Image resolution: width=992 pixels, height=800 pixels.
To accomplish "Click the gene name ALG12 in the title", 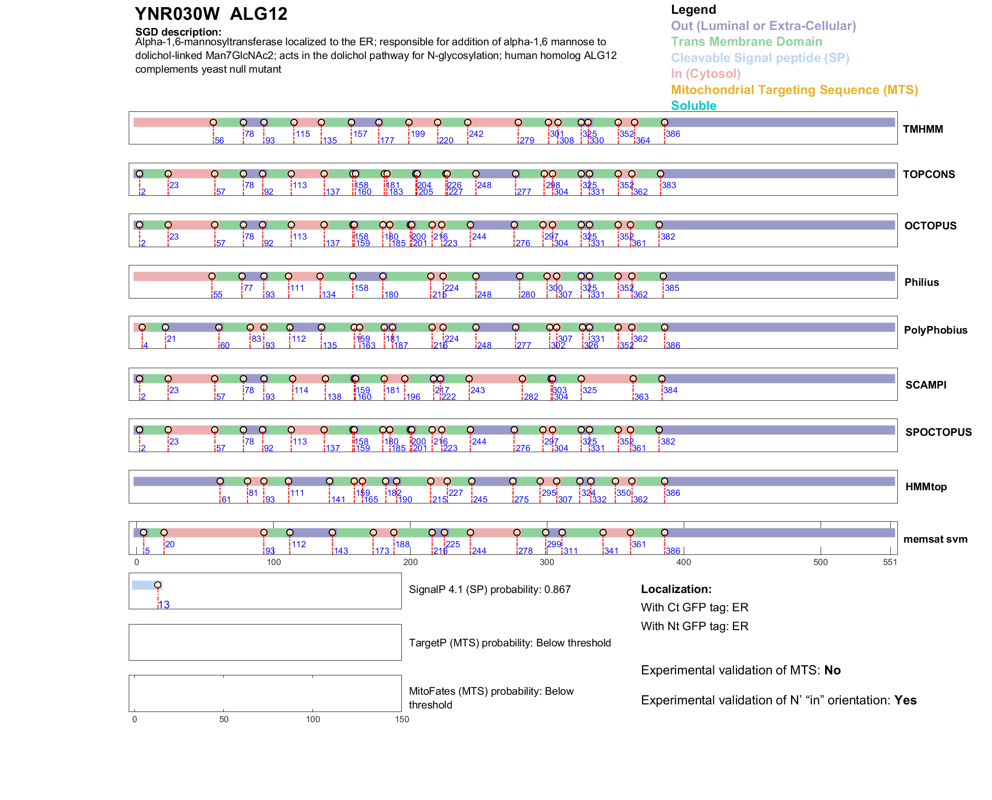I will pyautogui.click(x=258, y=14).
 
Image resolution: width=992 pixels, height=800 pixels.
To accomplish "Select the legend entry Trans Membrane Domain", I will pyautogui.click(x=746, y=42).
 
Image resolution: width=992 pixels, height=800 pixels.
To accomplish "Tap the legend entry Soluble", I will pyautogui.click(x=693, y=106).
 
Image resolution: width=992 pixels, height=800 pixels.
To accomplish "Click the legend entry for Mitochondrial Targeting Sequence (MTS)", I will pyautogui.click(x=794, y=90).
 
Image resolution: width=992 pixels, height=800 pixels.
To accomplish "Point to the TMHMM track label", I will pyautogui.click(x=923, y=129).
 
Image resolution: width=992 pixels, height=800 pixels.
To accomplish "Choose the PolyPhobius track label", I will pyautogui.click(x=936, y=330).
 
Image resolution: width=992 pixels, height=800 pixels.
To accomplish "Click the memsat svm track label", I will pyautogui.click(x=935, y=539).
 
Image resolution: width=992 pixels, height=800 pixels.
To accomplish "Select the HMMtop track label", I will pyautogui.click(x=926, y=487).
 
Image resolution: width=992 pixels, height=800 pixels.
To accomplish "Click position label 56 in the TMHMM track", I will pyautogui.click(x=219, y=141).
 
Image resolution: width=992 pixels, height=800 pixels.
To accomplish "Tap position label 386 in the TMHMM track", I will pyautogui.click(x=673, y=134).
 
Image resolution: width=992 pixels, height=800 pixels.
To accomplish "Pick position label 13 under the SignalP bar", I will pyautogui.click(x=164, y=605).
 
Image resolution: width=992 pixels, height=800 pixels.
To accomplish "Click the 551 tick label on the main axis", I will pyautogui.click(x=890, y=562).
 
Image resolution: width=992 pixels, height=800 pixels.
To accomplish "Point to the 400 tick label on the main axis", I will pyautogui.click(x=684, y=562).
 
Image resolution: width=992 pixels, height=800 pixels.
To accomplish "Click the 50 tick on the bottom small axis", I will pyautogui.click(x=224, y=719).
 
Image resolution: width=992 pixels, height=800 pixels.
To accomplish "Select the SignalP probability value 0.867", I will pyautogui.click(x=558, y=589).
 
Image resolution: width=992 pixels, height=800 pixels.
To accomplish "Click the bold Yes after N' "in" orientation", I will pyautogui.click(x=906, y=700).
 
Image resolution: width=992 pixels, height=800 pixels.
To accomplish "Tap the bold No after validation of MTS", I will pyautogui.click(x=832, y=670).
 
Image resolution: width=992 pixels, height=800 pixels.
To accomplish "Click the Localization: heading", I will pyautogui.click(x=676, y=589).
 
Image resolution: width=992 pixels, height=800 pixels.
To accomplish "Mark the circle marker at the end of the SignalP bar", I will pyautogui.click(x=158, y=585).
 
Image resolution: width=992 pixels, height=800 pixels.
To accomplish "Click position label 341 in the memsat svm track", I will pyautogui.click(x=611, y=551).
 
